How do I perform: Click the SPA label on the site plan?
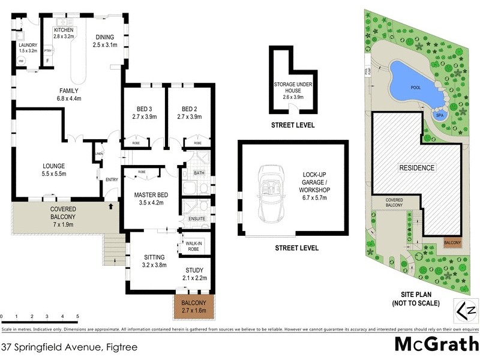click(x=439, y=115)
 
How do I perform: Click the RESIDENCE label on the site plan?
click(x=417, y=168)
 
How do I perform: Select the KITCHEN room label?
click(x=64, y=29)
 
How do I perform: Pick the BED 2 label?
click(x=190, y=109)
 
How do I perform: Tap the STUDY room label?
click(x=194, y=270)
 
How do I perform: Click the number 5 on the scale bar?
click(x=77, y=316)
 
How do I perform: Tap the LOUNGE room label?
click(x=54, y=166)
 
